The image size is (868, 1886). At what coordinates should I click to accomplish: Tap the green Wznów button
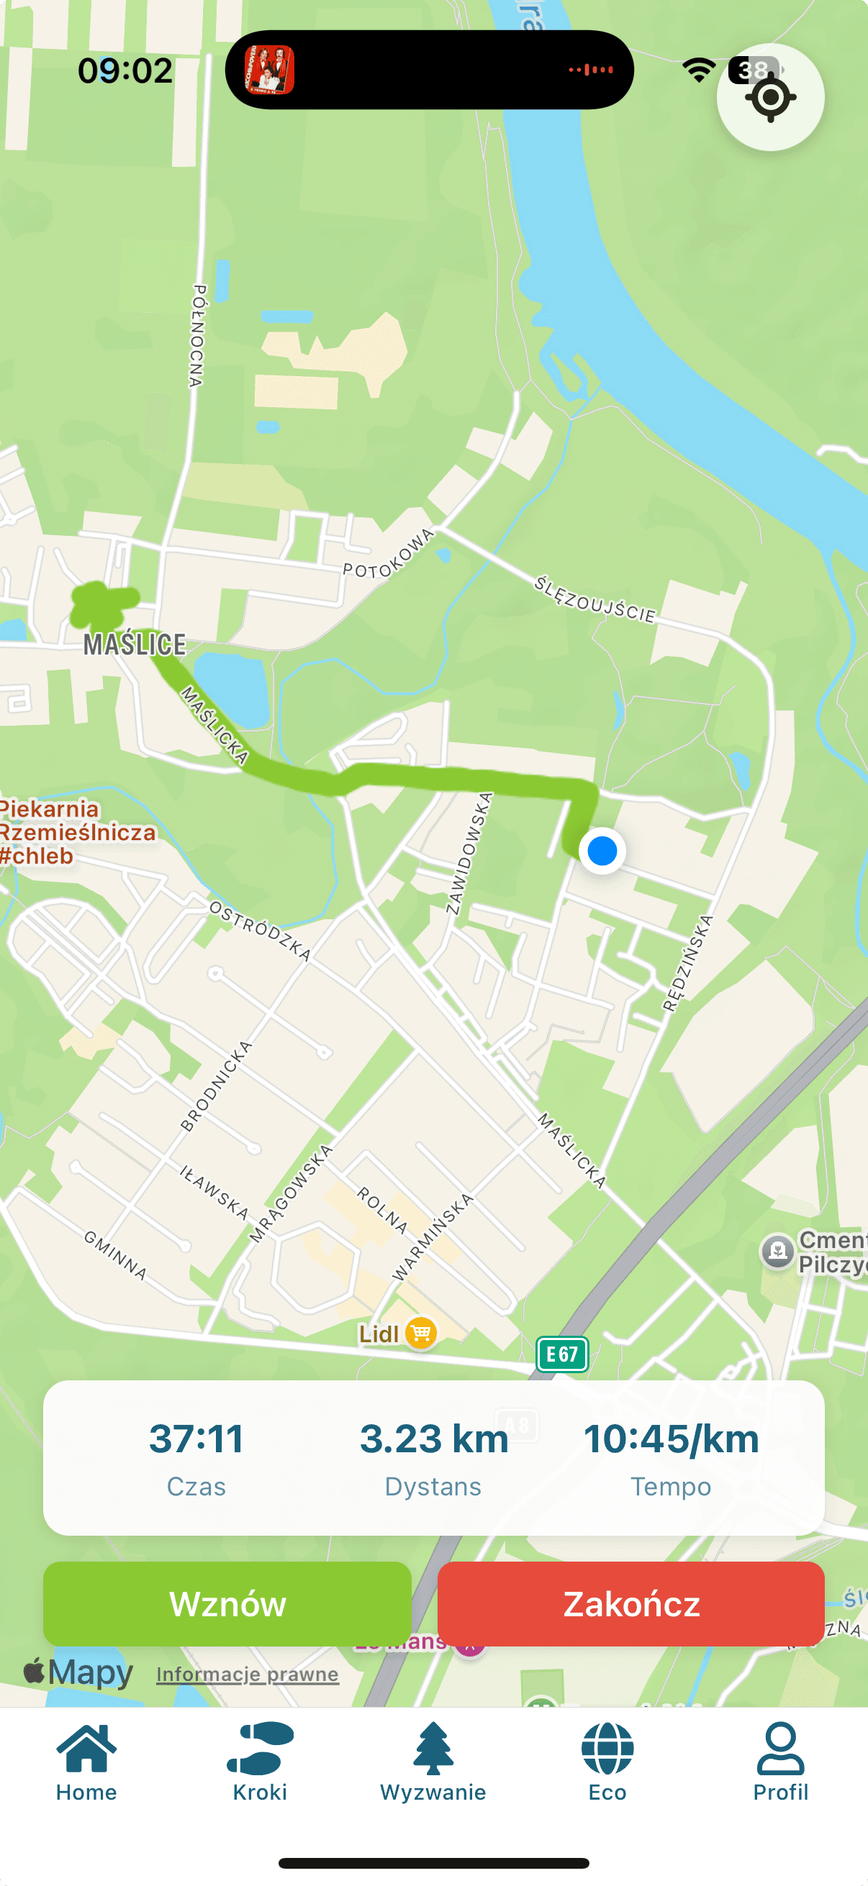pyautogui.click(x=227, y=1603)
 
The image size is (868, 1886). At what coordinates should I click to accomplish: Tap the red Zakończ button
pyautogui.click(x=630, y=1603)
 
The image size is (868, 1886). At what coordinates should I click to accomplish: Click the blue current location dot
pyautogui.click(x=602, y=851)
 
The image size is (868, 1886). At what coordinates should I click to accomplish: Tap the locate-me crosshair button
pyautogui.click(x=770, y=97)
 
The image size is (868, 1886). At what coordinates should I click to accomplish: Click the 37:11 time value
pyautogui.click(x=196, y=1439)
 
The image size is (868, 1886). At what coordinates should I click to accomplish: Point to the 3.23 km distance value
pyautogui.click(x=433, y=1439)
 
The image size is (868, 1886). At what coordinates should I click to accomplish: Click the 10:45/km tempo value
pyautogui.click(x=671, y=1439)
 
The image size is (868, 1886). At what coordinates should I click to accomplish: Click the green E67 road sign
pyautogui.click(x=563, y=1354)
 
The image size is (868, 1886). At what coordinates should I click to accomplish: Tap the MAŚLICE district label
pyautogui.click(x=135, y=644)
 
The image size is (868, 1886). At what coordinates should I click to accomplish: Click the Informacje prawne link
pyautogui.click(x=248, y=1675)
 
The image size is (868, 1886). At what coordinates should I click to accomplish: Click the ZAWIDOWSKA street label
pyautogui.click(x=469, y=853)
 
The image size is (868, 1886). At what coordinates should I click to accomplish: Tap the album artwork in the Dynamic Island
pyautogui.click(x=270, y=70)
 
